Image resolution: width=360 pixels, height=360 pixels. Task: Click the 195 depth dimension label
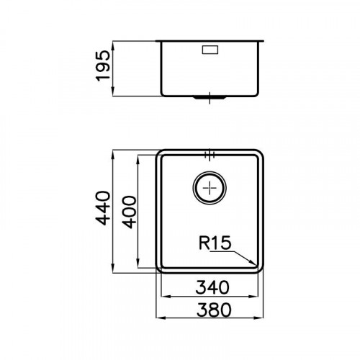(x=103, y=66)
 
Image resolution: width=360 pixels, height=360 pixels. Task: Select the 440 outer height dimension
(x=103, y=208)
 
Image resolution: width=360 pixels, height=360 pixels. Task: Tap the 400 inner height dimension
(x=129, y=212)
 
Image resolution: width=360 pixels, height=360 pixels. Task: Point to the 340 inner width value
(x=212, y=287)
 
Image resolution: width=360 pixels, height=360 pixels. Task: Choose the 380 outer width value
(x=214, y=310)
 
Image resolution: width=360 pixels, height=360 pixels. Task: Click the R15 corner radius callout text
(x=215, y=243)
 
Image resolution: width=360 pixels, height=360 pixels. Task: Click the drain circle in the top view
(x=210, y=187)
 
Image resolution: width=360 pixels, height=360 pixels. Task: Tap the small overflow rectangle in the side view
(x=210, y=50)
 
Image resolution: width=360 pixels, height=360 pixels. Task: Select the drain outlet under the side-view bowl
(x=210, y=98)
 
